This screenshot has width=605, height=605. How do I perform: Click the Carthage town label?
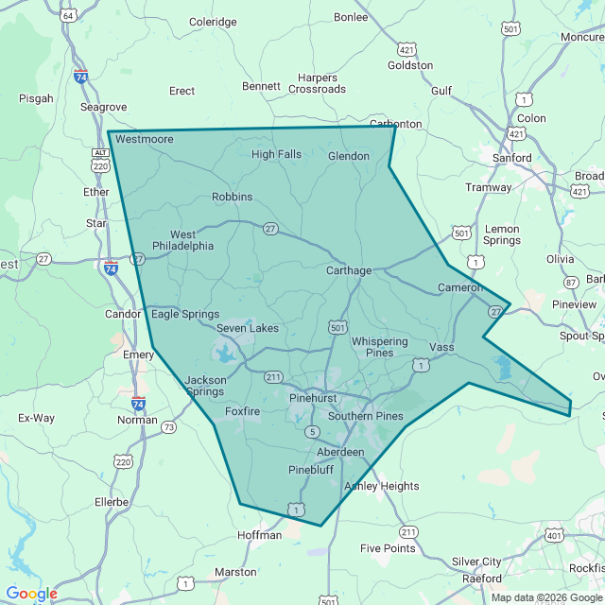(x=349, y=270)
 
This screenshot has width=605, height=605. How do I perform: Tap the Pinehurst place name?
(x=313, y=399)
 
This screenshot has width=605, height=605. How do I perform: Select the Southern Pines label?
(x=366, y=416)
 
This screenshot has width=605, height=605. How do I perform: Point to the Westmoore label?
(x=145, y=139)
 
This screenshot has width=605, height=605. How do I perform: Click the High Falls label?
(x=276, y=154)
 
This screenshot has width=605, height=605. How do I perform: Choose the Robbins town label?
(x=232, y=197)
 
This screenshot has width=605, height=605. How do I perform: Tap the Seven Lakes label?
(x=248, y=328)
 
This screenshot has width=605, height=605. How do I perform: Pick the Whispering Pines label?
(x=379, y=347)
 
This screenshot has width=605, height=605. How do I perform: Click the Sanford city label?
(x=513, y=158)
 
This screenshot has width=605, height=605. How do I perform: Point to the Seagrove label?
(x=103, y=107)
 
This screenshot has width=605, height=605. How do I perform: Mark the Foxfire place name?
(x=242, y=411)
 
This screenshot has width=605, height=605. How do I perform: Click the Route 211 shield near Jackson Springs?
(x=274, y=377)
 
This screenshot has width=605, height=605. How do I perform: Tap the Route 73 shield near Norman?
(x=168, y=427)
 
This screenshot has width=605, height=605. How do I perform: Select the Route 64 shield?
(x=68, y=16)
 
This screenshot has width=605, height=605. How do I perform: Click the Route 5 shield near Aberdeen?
(x=311, y=432)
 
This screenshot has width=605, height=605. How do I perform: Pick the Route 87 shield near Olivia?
(x=571, y=282)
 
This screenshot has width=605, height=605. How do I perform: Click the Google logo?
(x=31, y=594)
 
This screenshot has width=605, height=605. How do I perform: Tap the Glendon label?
(x=347, y=156)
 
